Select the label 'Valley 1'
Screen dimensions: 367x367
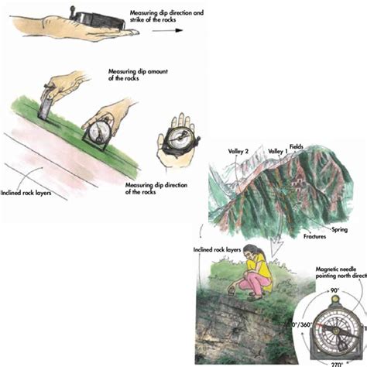point(278,150)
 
